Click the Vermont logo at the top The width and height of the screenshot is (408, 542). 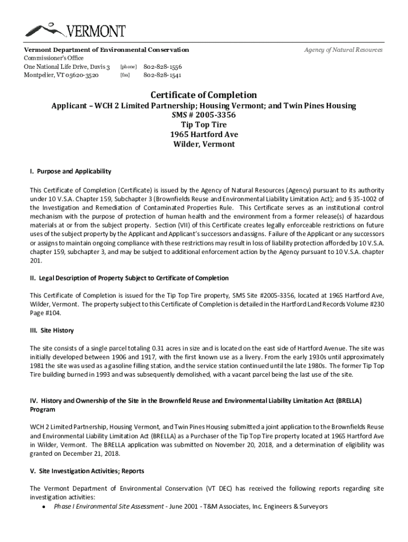pos(75,31)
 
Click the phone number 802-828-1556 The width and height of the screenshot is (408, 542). pos(163,67)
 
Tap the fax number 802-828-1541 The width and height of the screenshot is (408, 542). pos(163,76)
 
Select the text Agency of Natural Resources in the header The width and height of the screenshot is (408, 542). pos(343,50)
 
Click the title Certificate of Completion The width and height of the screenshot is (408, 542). pos(203,95)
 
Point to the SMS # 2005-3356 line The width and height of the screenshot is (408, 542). pos(203,115)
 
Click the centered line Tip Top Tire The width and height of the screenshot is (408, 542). pos(203,125)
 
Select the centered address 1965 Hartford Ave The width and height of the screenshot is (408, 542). pos(203,134)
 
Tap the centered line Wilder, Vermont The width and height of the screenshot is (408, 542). pos(203,144)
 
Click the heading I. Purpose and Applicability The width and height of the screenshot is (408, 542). pos(70,171)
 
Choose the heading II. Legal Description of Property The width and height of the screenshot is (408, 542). pos(129,278)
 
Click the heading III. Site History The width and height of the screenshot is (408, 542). pos(52,330)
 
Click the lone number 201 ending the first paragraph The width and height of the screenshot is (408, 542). pos(36,261)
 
